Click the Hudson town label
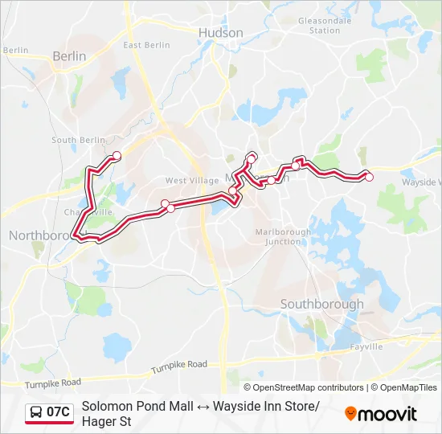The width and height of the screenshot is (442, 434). [x=220, y=33]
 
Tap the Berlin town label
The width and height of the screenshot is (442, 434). [x=68, y=56]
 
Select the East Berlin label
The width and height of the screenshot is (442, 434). [x=146, y=46]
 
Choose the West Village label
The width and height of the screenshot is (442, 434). [x=186, y=181]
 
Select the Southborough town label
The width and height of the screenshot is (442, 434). [x=321, y=304]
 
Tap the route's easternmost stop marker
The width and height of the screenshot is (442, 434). [x=369, y=177]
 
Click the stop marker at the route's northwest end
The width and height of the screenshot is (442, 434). [x=117, y=155]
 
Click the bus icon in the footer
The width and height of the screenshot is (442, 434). [x=35, y=413]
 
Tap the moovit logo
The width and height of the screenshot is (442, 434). [x=381, y=414]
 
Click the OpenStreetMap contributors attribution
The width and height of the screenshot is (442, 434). [x=309, y=387]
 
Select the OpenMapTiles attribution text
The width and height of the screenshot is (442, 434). [x=407, y=387]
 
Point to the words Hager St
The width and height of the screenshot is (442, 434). [x=106, y=421]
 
